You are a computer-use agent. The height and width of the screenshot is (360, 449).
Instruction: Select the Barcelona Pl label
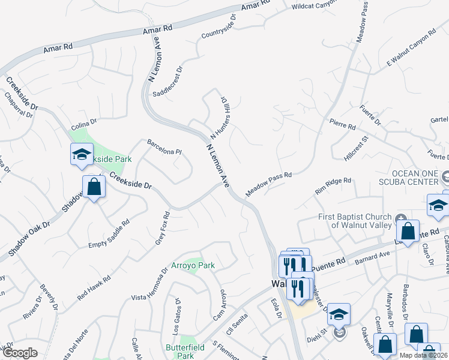pyautogui.click(x=164, y=147)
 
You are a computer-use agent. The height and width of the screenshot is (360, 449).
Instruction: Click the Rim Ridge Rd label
pyautogui.click(x=333, y=187)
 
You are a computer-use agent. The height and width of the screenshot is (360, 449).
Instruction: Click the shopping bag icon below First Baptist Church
pyautogui.click(x=408, y=231)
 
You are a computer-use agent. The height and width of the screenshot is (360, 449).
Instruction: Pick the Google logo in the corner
pyautogui.click(x=20, y=353)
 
